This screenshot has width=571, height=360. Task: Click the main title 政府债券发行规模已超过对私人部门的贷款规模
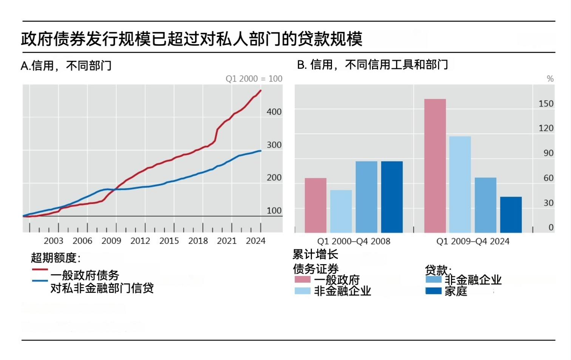(192, 39)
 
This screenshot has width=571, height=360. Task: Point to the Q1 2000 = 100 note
(254, 78)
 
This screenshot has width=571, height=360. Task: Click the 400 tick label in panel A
(274, 112)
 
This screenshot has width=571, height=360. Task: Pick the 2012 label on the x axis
(140, 241)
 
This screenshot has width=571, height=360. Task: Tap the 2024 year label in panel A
(256, 241)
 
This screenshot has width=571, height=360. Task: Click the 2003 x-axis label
(53, 241)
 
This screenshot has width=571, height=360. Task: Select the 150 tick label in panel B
(546, 104)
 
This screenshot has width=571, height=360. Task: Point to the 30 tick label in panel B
(548, 203)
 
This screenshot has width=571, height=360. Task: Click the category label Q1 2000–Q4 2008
(353, 241)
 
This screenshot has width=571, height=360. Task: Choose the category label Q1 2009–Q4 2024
(473, 241)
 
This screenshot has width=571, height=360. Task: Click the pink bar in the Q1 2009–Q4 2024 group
(435, 166)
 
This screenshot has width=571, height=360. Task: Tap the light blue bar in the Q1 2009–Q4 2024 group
(460, 185)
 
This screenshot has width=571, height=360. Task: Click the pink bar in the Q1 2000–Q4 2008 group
(315, 205)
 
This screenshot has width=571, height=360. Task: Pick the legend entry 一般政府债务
(85, 275)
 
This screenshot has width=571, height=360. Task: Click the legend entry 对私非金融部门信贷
(102, 288)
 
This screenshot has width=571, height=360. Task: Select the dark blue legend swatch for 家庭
(433, 291)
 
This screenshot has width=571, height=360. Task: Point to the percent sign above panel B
(550, 78)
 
